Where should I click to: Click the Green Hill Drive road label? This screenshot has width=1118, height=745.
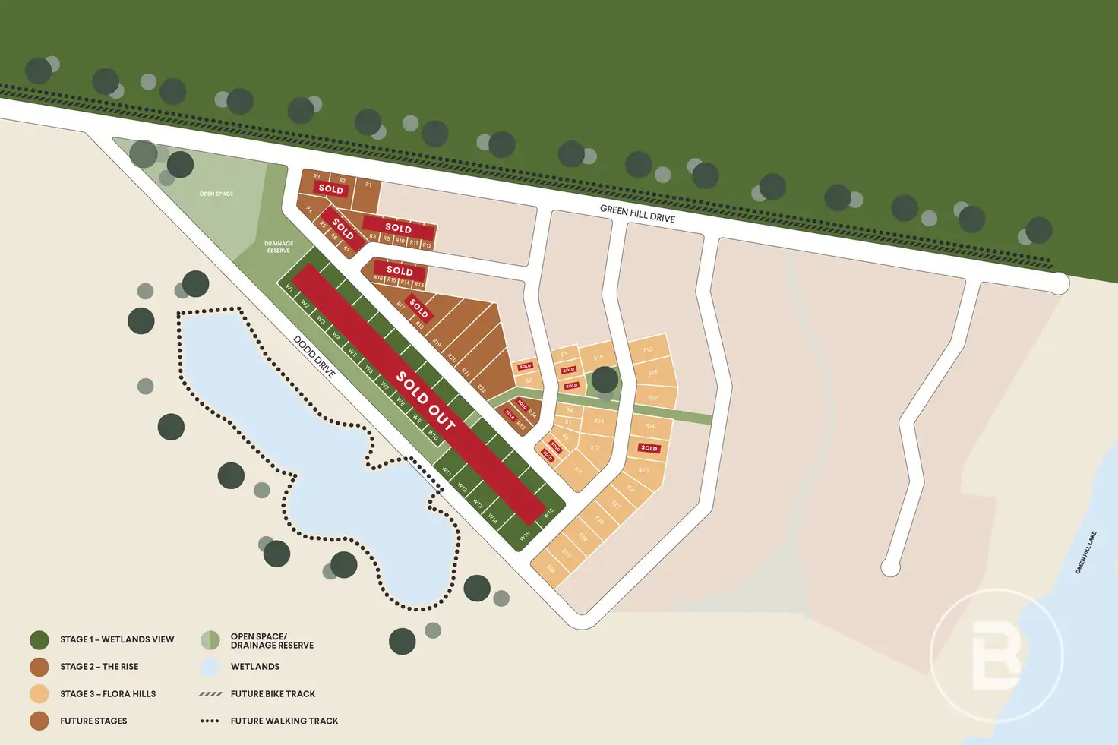(637, 213)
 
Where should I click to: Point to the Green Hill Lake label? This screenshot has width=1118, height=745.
(1086, 553)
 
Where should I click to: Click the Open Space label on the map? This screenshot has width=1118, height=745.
(216, 194)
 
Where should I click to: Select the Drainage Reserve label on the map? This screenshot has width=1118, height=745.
(279, 247)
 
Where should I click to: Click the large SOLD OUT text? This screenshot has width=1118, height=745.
(425, 401)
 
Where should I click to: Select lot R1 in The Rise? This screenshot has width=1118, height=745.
(368, 185)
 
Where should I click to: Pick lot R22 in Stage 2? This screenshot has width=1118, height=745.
(482, 388)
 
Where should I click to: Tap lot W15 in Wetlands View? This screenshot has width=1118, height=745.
(524, 536)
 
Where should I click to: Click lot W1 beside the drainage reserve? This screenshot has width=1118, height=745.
(289, 288)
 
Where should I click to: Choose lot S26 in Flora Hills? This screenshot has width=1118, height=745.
(551, 570)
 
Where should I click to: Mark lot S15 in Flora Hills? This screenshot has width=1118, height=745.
(648, 350)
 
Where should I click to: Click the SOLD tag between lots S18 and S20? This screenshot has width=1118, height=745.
(649, 448)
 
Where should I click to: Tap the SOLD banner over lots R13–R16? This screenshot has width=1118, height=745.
(400, 270)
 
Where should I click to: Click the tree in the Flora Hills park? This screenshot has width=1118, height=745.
(605, 380)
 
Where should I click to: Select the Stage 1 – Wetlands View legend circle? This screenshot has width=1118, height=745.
(39, 639)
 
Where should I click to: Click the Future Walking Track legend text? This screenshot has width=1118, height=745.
(284, 721)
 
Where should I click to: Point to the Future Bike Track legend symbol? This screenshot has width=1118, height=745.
(210, 694)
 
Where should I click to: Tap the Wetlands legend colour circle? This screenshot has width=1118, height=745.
(210, 667)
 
